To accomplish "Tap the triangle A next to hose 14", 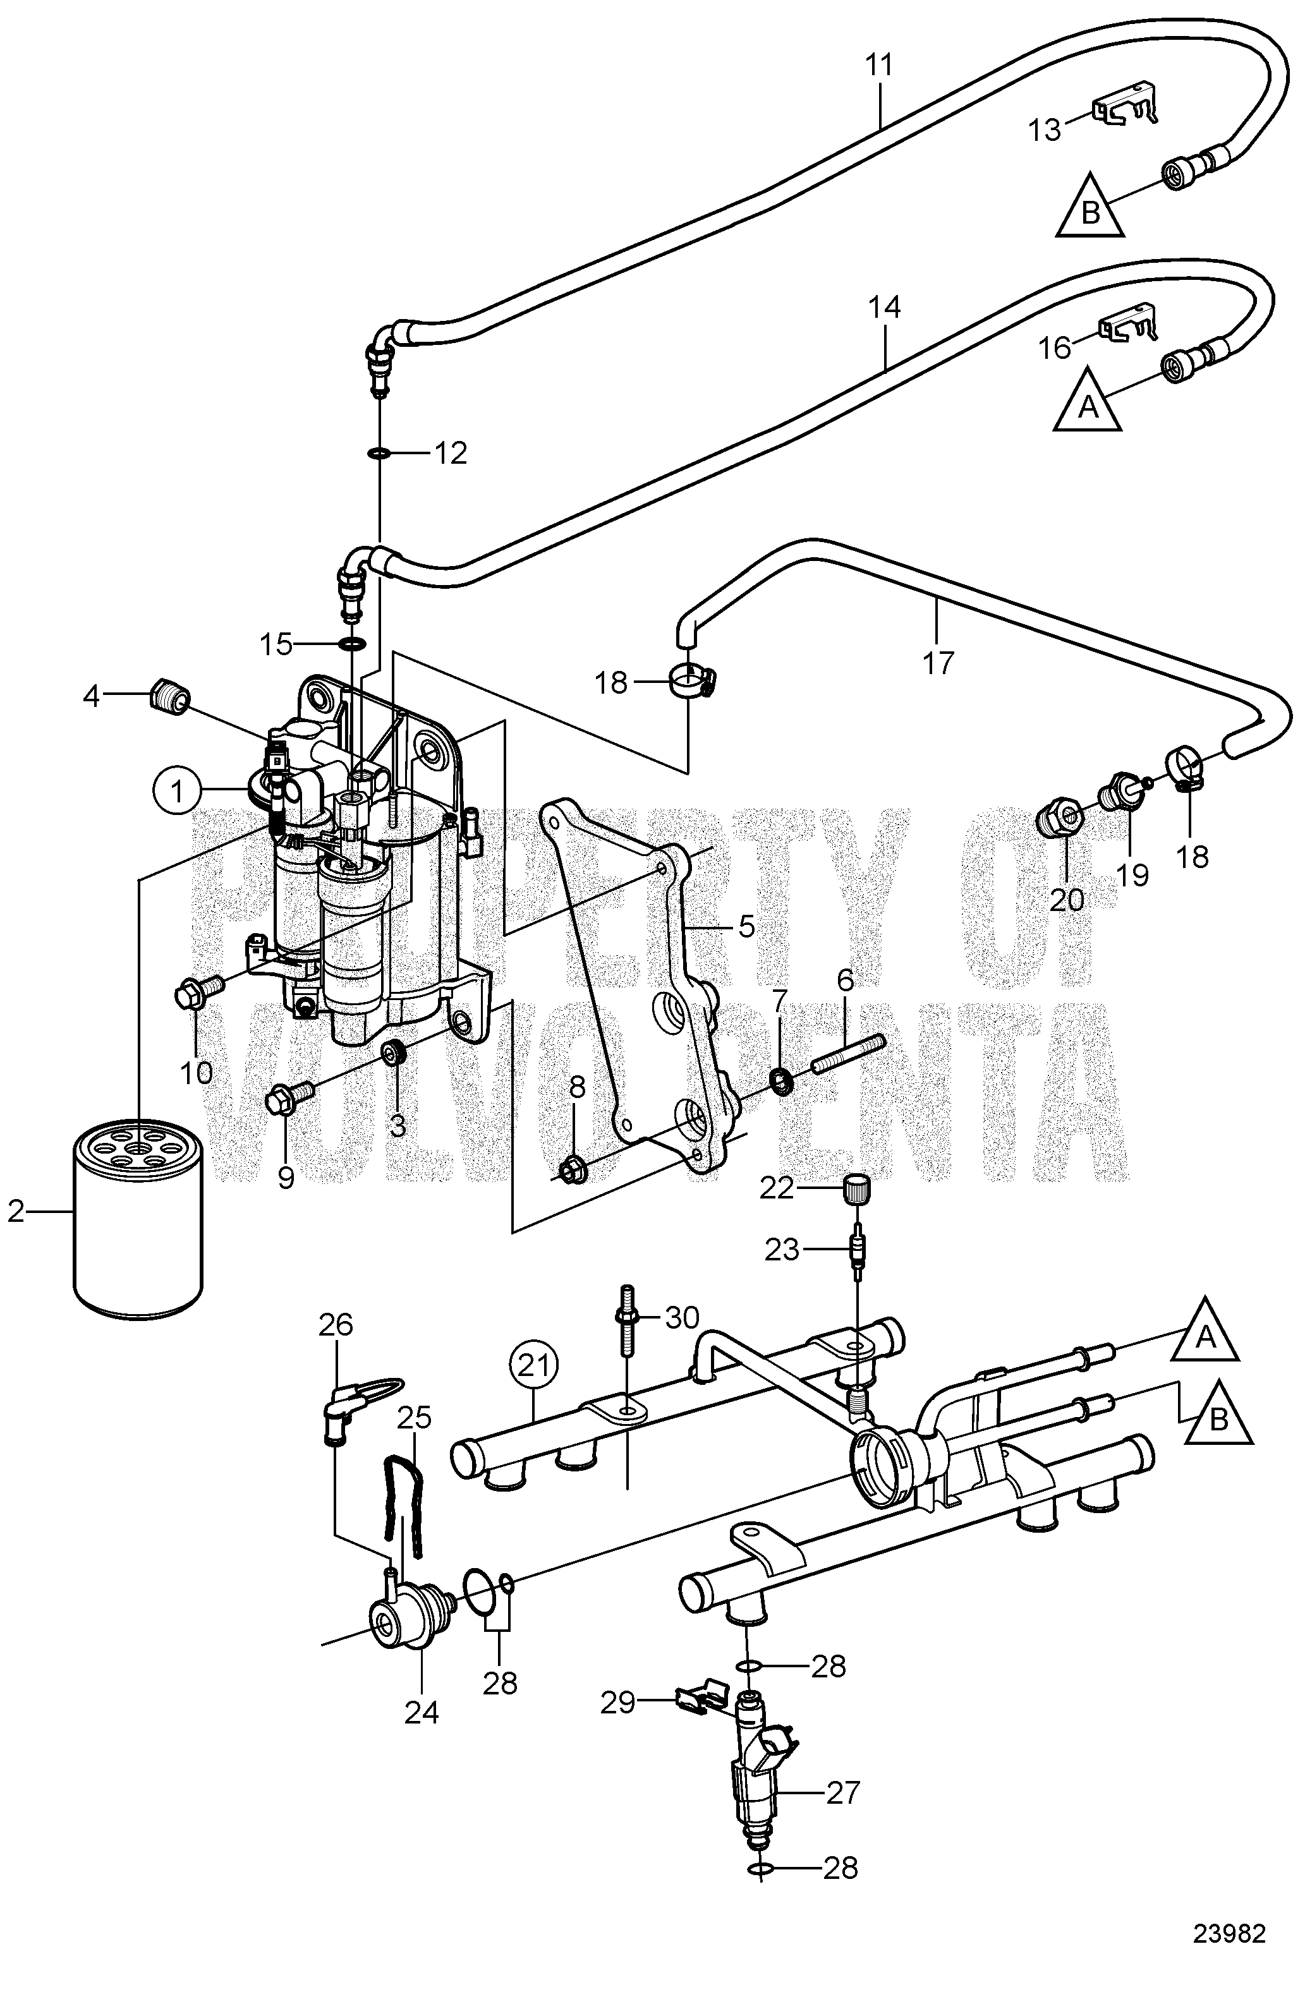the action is (1086, 400).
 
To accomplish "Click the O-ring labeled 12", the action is (379, 454).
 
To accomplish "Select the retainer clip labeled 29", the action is (702, 1696).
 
